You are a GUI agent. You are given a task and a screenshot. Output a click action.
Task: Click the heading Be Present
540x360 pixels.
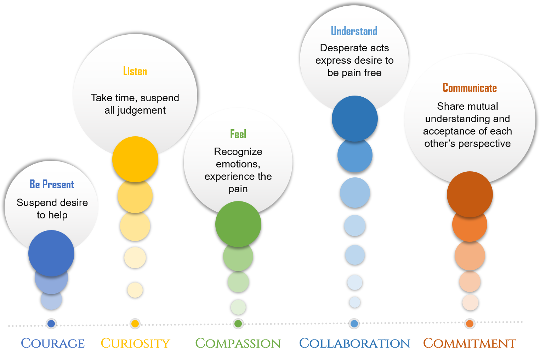[52, 184]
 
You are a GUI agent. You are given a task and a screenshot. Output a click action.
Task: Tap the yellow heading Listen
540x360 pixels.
[135, 71]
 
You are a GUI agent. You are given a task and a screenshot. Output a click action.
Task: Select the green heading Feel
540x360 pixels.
[238, 134]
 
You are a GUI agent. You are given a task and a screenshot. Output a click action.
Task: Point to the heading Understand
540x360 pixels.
[354, 31]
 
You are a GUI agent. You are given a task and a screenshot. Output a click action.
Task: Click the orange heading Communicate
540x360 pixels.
[470, 88]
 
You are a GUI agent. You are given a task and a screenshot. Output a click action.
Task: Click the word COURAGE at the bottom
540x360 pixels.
[53, 343]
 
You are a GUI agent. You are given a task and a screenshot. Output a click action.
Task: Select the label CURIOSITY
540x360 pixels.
[136, 343]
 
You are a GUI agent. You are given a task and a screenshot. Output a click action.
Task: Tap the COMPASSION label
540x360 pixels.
[238, 343]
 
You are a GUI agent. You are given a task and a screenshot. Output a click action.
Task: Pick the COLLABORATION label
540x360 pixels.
[354, 343]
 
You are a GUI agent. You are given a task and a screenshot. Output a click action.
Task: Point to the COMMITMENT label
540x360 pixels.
[470, 343]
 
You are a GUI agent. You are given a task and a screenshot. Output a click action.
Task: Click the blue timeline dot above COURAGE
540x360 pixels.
[51, 324]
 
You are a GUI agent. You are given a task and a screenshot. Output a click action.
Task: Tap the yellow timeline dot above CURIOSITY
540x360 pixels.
[135, 324]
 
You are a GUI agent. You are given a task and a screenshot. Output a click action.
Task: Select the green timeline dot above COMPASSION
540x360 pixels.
[238, 324]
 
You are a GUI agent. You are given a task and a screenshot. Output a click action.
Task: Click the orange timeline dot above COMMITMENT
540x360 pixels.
[470, 324]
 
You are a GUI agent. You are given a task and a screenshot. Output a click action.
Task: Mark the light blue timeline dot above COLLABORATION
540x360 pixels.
[354, 324]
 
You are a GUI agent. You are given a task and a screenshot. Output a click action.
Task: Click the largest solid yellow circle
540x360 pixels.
[135, 159]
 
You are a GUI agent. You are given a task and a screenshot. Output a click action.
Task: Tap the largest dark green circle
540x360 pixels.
[238, 224]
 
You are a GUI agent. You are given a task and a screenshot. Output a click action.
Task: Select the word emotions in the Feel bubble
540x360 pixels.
[238, 164]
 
